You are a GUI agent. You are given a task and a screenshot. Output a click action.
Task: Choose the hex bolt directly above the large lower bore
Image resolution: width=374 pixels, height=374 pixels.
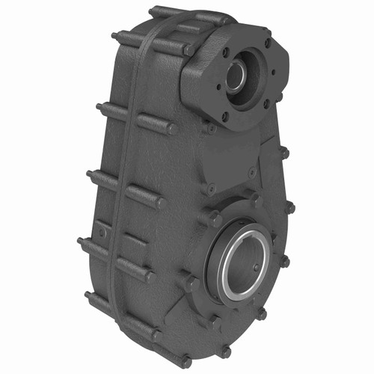255,200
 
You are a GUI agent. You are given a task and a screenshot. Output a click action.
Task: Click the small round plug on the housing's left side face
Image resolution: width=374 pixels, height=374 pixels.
102,233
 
